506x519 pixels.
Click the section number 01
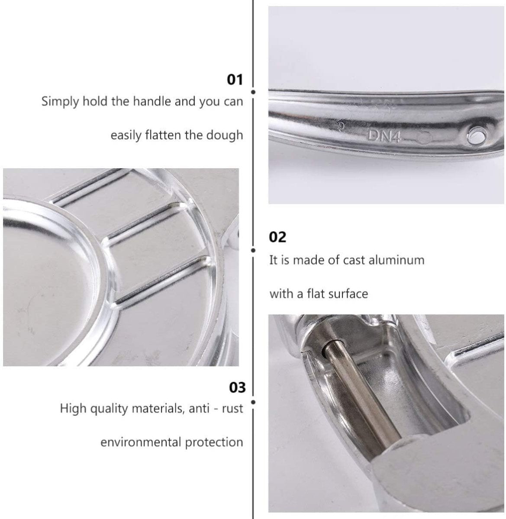[235, 80]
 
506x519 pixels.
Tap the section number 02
[277, 237]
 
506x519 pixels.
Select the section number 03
[237, 387]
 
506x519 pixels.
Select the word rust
[233, 408]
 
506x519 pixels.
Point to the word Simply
[61, 102]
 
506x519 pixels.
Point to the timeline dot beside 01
[253, 92]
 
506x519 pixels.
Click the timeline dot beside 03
[253, 402]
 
